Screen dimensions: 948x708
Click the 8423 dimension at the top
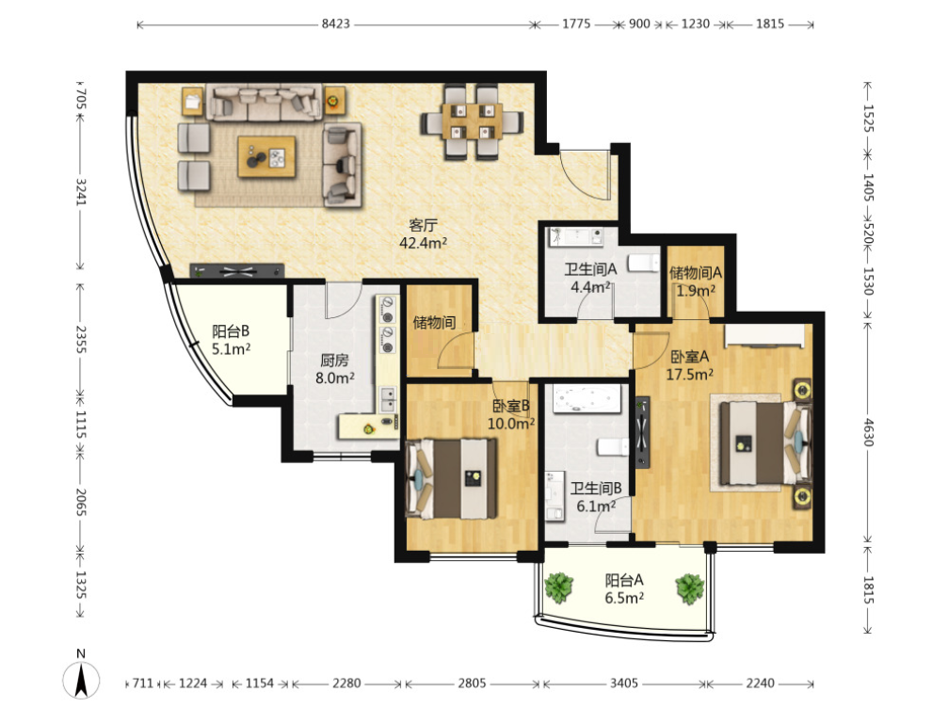(x=335, y=24)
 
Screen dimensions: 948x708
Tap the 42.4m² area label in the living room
(x=424, y=243)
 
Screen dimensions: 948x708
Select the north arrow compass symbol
(x=82, y=679)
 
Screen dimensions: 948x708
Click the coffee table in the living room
(x=266, y=157)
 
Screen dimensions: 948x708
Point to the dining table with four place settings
(x=472, y=121)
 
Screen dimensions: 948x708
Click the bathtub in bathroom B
(x=586, y=399)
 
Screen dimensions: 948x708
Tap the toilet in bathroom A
(x=643, y=264)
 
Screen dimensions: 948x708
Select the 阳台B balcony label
(x=231, y=331)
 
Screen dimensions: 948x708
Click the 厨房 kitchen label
(x=334, y=361)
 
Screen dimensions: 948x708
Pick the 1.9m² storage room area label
(x=696, y=291)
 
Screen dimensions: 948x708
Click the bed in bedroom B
(x=452, y=478)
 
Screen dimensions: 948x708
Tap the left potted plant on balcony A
(x=558, y=587)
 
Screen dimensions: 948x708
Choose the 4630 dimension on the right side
(x=868, y=432)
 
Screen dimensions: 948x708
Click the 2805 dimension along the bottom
(x=472, y=684)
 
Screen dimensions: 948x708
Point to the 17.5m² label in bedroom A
(x=689, y=375)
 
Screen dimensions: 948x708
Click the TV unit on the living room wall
(x=237, y=270)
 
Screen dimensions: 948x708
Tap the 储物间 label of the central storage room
(x=434, y=322)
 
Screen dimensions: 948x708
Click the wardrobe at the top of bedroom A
(x=764, y=336)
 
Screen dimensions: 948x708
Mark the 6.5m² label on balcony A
(x=624, y=598)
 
